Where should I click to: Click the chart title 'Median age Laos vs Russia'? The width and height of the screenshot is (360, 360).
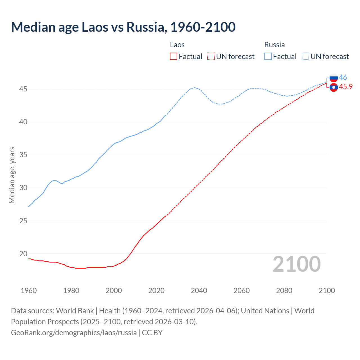point(123,27)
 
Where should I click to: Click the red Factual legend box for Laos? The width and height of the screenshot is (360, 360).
point(174,57)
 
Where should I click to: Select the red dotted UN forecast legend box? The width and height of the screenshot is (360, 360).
point(211,57)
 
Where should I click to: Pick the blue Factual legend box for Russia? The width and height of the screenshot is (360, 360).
point(268,57)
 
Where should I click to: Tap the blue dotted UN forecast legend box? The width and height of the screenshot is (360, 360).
point(305,57)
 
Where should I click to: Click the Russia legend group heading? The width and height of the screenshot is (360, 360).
point(274,45)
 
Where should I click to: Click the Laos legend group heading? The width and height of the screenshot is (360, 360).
point(177,45)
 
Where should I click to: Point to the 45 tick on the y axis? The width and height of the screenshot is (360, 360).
point(23,89)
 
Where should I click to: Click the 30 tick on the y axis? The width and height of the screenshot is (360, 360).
point(23,188)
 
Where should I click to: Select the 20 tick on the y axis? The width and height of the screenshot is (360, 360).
point(23,254)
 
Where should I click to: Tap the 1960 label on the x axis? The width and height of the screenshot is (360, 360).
point(29,291)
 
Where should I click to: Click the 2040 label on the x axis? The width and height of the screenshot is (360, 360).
point(199,291)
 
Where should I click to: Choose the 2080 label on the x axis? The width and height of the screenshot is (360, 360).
point(284,291)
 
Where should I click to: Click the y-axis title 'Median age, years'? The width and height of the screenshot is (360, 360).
point(12,175)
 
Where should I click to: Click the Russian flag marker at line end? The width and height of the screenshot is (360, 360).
point(334,78)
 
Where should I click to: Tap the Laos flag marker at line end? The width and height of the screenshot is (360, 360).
point(334,87)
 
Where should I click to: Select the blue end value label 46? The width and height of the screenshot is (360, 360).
point(343,77)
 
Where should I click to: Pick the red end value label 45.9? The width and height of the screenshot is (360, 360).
point(346,87)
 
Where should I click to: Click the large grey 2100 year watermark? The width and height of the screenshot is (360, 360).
point(297,264)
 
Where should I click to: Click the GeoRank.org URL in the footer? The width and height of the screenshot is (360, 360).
point(74,333)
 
